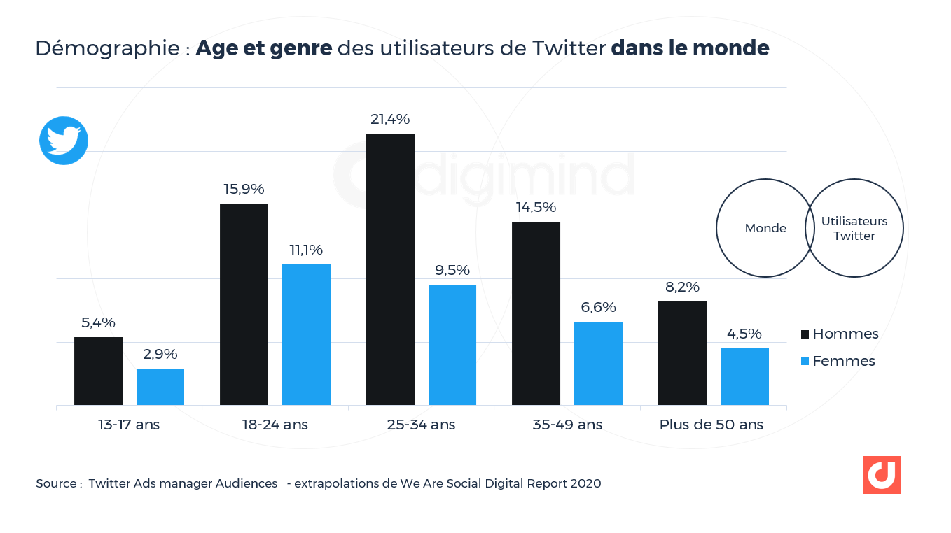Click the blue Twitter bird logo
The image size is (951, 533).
coord(64,141)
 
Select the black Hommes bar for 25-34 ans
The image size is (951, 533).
coord(390,269)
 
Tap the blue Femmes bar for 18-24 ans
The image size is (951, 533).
coord(306,334)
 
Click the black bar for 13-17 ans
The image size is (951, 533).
coord(98,371)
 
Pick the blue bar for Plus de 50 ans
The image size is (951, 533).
coord(744,376)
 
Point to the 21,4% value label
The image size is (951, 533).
coord(390,120)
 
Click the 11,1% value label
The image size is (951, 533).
coord(306,250)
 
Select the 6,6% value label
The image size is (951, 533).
coord(598,308)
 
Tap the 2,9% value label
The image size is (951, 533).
coord(160,355)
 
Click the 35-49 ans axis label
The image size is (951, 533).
coord(567,425)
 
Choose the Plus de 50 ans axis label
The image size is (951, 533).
coord(711,425)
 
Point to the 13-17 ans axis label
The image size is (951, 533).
coord(129,425)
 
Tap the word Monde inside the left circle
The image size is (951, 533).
coord(765,228)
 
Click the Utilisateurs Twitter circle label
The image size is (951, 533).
coord(854,229)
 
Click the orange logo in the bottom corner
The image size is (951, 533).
coord(881,475)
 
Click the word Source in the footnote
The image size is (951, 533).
coord(56,483)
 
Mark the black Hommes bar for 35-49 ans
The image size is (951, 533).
coord(536,313)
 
